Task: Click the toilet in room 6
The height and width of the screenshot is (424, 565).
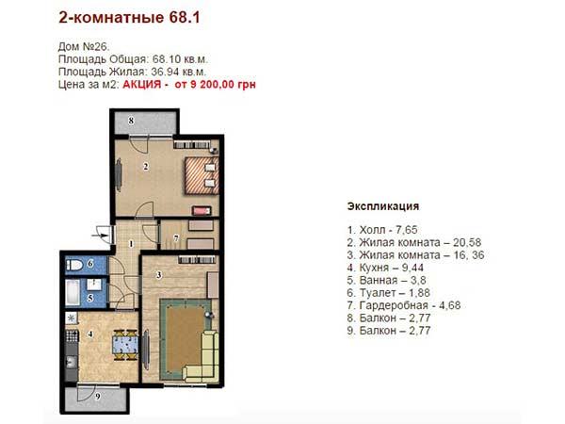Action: point(74,266)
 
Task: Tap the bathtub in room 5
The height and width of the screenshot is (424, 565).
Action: point(73,292)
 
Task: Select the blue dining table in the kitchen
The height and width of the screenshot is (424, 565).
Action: point(125,344)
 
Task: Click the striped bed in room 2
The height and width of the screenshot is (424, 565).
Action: point(202,175)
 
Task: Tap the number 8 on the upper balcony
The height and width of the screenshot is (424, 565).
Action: point(131,121)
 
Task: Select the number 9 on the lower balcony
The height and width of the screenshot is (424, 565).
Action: point(98,397)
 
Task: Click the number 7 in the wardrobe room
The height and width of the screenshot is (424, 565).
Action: point(176,238)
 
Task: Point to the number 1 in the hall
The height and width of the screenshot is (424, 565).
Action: point(131,244)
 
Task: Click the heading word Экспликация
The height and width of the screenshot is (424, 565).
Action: point(383,206)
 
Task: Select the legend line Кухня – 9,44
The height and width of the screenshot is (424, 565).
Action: point(385,268)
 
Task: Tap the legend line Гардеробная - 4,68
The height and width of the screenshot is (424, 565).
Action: point(404,305)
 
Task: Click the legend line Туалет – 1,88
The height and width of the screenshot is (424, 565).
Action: point(388,293)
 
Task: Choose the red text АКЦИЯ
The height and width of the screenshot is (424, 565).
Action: point(142,85)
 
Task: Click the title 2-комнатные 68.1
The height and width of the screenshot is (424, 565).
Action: point(129,18)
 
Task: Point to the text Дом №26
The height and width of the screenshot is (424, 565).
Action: point(84,47)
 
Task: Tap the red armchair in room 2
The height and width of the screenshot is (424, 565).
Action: point(202,210)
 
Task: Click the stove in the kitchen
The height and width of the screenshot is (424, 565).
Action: point(72,336)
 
